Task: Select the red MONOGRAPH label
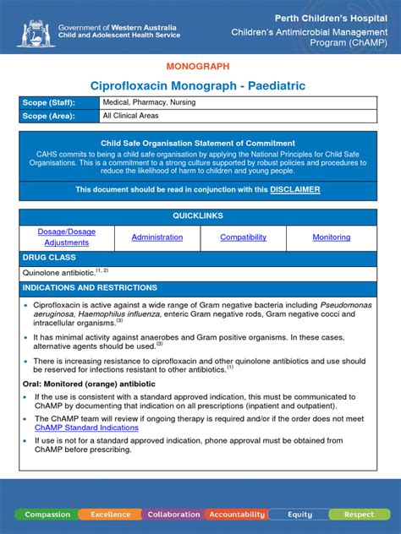(x=200, y=66)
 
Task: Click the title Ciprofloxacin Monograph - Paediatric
(x=200, y=86)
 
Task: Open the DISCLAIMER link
(x=294, y=190)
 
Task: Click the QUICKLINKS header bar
(x=200, y=216)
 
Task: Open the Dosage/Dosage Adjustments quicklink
(x=67, y=237)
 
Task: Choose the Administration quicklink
(x=157, y=237)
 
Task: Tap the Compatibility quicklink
(x=244, y=237)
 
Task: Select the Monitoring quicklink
(x=332, y=237)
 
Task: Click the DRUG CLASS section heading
(x=50, y=257)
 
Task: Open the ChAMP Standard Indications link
(x=86, y=428)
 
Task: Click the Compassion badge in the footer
(x=47, y=514)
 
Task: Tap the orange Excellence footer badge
(x=111, y=514)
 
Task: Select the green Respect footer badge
(x=359, y=514)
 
